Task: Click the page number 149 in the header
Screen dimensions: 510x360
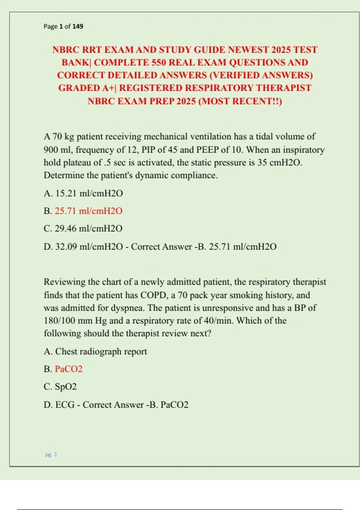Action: pyautogui.click(x=78, y=26)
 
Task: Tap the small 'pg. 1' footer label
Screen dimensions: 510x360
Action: pyautogui.click(x=51, y=454)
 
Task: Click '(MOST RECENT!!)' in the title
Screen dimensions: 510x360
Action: pyautogui.click(x=240, y=101)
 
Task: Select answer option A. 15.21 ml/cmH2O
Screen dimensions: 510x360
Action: pyautogui.click(x=83, y=193)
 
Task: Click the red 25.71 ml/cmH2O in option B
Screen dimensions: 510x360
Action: pyautogui.click(x=88, y=211)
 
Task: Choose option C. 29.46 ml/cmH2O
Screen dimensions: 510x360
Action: pyautogui.click(x=83, y=229)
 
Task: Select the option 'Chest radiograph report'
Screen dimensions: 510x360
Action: pyautogui.click(x=101, y=351)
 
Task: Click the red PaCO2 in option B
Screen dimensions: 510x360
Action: pyautogui.click(x=69, y=369)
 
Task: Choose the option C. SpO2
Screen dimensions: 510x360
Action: pyautogui.click(x=60, y=386)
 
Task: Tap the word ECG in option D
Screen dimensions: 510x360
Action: pyautogui.click(x=65, y=405)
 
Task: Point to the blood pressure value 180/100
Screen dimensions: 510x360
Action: pyautogui.click(x=59, y=321)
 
